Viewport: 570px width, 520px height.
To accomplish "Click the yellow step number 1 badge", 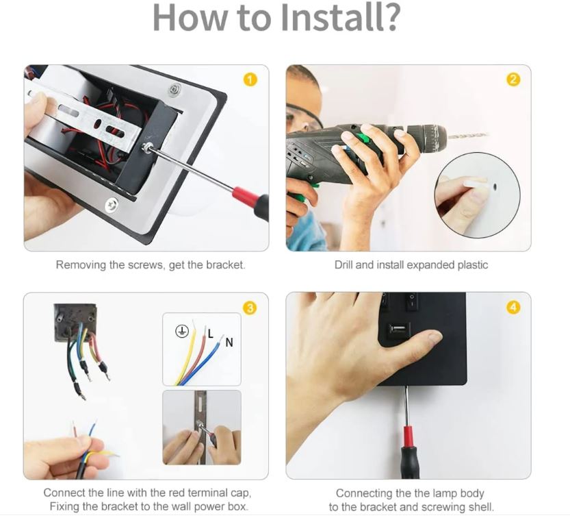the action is click(x=250, y=79).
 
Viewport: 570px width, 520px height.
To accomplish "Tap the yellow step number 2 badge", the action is click(x=513, y=79).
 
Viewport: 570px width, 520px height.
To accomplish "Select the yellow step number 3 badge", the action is click(x=250, y=308).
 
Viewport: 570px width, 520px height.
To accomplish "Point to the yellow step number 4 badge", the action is click(x=513, y=308).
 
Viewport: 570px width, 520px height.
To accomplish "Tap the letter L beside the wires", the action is click(x=211, y=334).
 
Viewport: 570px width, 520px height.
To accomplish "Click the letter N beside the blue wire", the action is click(x=229, y=343).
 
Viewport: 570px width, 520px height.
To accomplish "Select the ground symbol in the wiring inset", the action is click(x=181, y=331).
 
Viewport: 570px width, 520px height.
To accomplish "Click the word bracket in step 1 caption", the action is click(x=225, y=264).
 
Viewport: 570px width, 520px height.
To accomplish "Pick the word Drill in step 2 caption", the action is click(x=344, y=264).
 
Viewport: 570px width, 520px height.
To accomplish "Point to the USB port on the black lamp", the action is click(x=398, y=330).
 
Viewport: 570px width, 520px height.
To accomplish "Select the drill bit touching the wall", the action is click(x=467, y=136).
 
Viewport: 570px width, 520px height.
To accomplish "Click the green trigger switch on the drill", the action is click(x=361, y=138).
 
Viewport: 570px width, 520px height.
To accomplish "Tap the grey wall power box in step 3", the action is click(x=75, y=323).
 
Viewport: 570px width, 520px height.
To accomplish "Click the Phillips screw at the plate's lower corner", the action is click(x=112, y=206).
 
